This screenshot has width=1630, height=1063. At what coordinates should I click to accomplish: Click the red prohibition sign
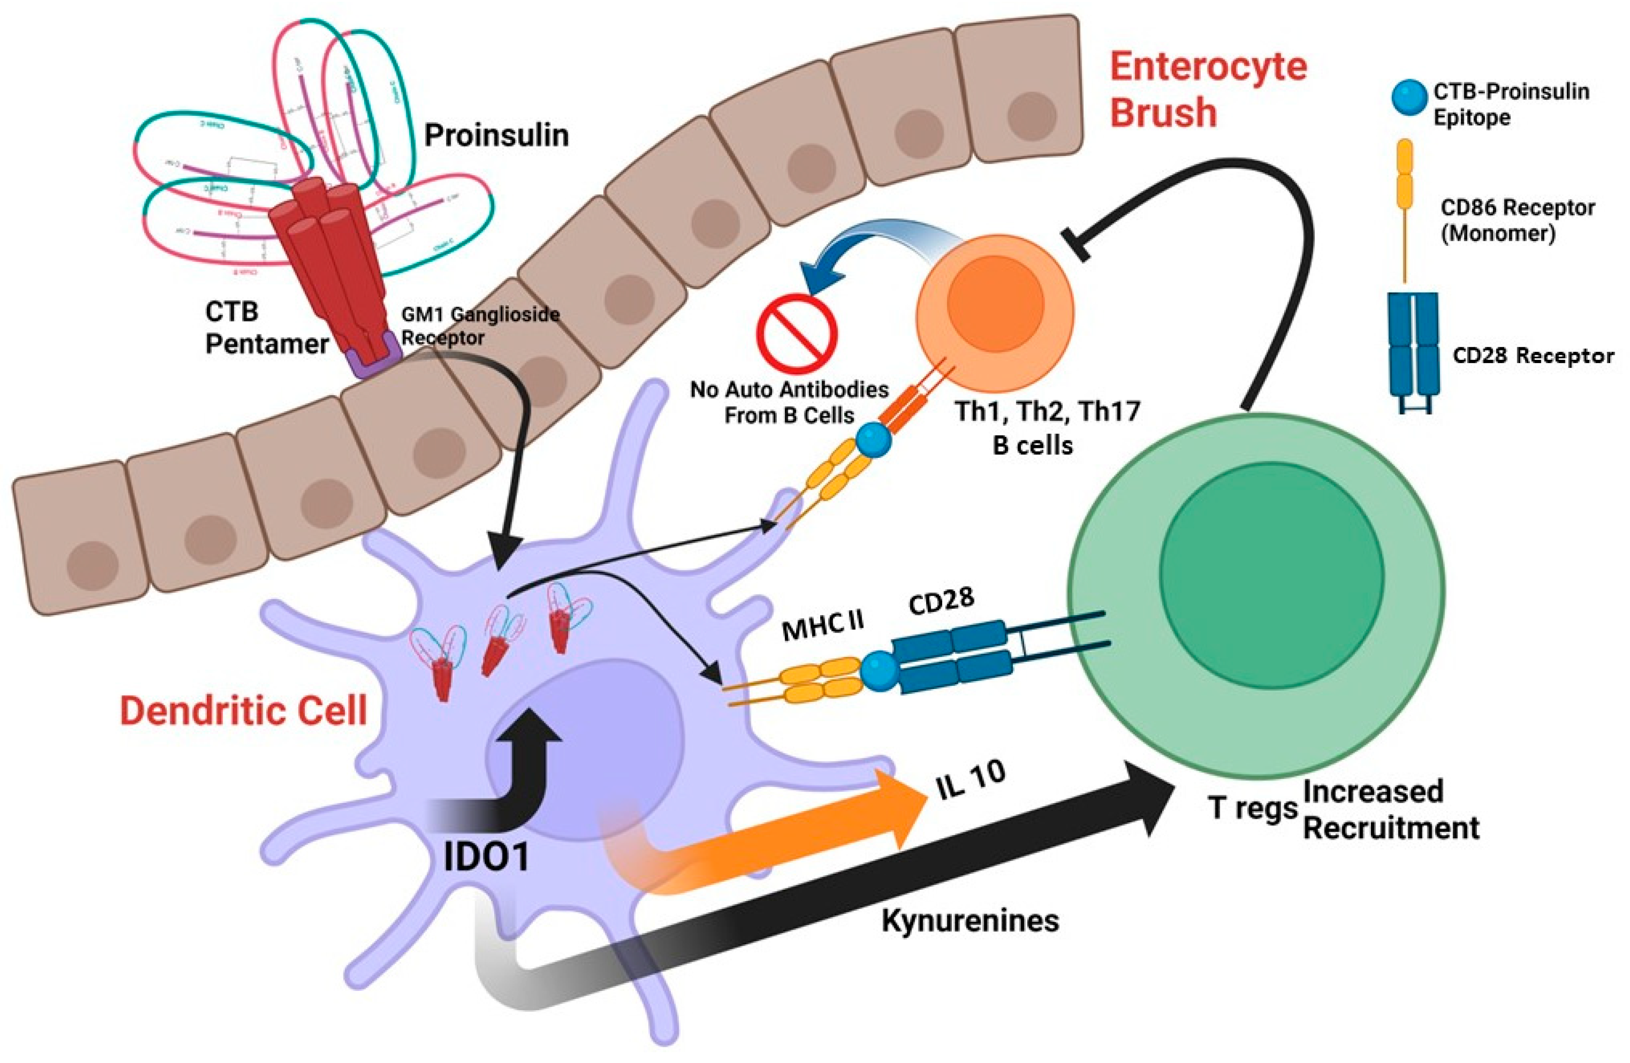[x=797, y=332]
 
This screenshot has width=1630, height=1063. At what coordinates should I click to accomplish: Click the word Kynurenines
[x=970, y=921]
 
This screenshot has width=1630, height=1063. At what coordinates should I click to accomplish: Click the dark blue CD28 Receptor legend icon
[x=1413, y=352]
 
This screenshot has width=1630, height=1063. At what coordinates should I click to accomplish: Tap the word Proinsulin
[x=496, y=135]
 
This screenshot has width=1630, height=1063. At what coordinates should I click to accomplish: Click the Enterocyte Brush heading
[x=1207, y=89]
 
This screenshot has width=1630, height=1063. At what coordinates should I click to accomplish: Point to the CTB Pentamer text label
[x=266, y=327]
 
